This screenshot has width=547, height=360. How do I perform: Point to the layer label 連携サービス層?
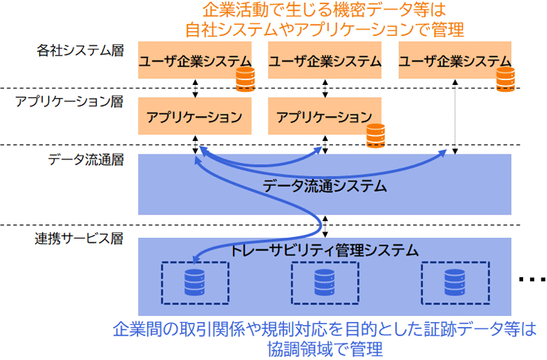tap(79, 239)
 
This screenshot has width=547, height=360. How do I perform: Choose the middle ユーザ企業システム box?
tap(324, 61)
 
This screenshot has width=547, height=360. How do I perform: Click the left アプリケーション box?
tap(194, 116)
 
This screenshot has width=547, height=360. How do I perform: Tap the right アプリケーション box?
tap(324, 116)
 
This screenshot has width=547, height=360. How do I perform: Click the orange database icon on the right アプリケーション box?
tap(376, 135)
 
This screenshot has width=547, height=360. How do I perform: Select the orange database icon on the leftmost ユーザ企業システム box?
tap(245, 80)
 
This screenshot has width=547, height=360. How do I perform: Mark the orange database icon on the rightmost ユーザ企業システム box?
tap(506, 80)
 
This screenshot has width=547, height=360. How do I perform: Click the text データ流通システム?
tap(325, 186)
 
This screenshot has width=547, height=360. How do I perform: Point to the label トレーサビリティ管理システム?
tap(325, 249)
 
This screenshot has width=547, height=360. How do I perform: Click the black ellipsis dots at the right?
tap(532, 280)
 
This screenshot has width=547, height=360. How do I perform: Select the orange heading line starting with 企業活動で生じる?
tap(324, 10)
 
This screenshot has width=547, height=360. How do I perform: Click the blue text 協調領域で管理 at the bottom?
tap(324, 348)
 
